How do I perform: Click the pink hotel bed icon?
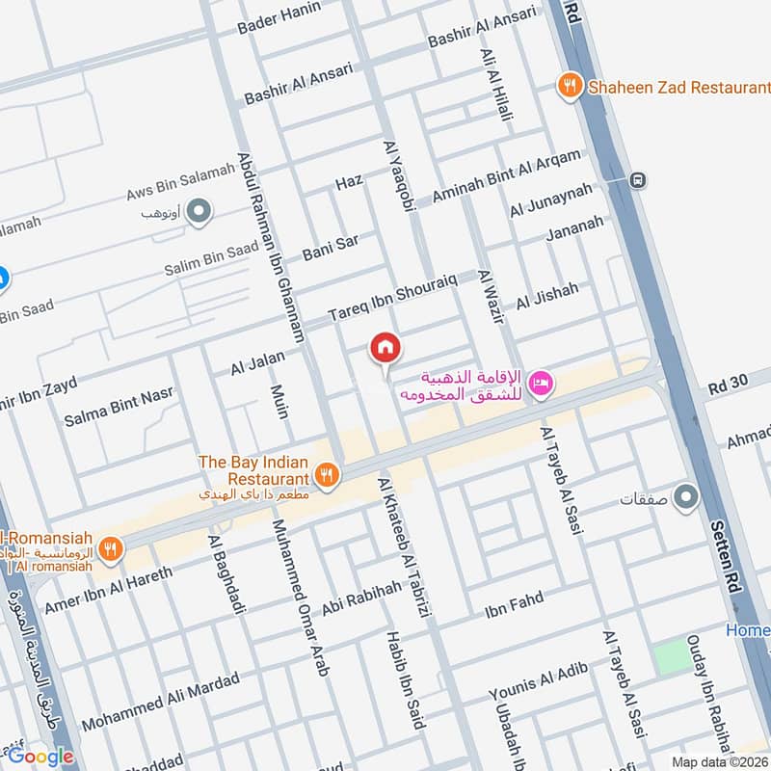pos(541,384)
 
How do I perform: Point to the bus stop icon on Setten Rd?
pos(636,179)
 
